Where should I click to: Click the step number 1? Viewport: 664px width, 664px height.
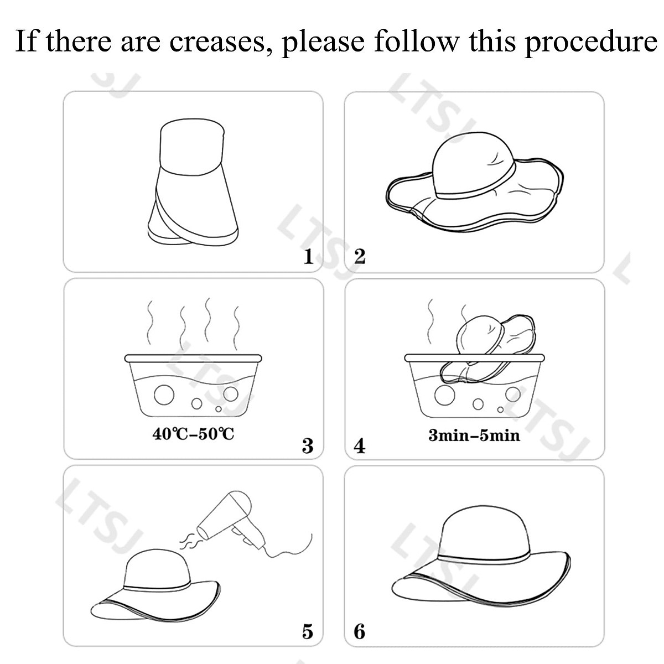coord(308,256)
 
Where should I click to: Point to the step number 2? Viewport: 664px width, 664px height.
coord(360,256)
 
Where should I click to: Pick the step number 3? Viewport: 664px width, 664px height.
coord(308,445)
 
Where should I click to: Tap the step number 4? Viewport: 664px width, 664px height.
coord(360,445)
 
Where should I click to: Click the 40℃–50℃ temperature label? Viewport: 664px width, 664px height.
coord(193,433)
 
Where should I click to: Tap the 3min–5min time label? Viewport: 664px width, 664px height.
coord(474,435)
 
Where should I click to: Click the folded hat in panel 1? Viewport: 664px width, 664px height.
coord(193,183)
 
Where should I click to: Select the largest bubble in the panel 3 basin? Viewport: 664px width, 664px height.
coord(164,395)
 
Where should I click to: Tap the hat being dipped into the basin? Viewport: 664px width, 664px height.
coord(487,348)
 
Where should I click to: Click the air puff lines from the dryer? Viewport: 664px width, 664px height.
coord(188,542)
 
